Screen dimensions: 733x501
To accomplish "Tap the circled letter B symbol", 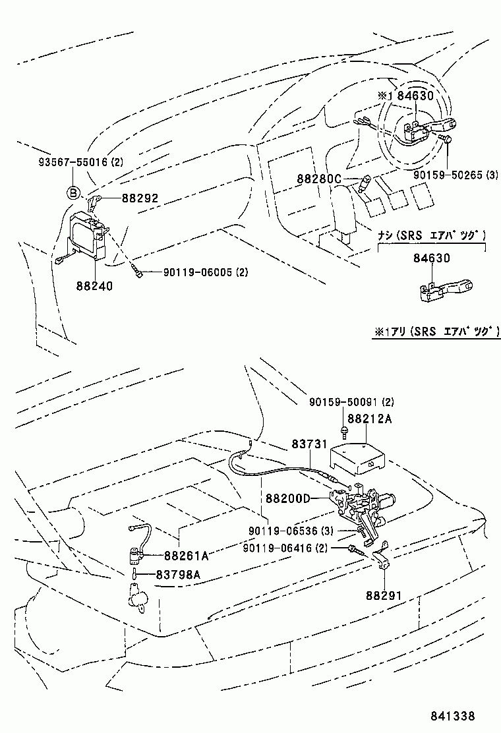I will (x=73, y=193).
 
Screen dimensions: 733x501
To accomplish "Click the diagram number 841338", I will (x=454, y=715).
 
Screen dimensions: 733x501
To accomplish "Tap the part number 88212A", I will (x=370, y=418).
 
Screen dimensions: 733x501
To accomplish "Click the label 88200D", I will (x=287, y=498).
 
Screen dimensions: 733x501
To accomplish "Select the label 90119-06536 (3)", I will (x=291, y=531).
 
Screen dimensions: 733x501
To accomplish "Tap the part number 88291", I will (x=384, y=595).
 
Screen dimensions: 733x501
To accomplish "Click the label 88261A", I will (x=187, y=555).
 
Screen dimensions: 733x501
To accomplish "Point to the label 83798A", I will (x=178, y=574).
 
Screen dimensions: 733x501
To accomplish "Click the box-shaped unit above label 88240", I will (x=89, y=234).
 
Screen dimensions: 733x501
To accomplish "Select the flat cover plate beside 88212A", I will (x=359, y=455).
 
